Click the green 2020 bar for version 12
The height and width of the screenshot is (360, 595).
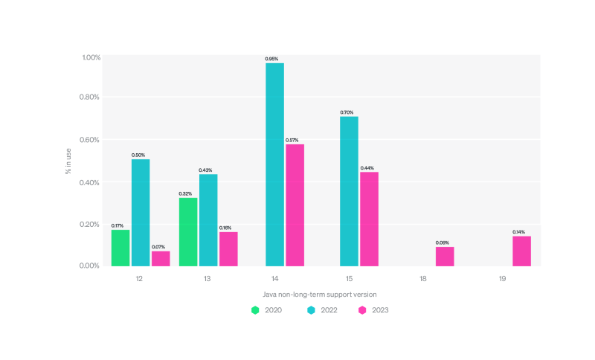120,248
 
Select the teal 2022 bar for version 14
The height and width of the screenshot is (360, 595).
274,164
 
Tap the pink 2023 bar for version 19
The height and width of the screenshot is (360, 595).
521,251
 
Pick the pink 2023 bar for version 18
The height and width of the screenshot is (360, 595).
445,256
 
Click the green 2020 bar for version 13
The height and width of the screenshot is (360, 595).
188,231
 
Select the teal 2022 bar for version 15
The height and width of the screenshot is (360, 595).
349,191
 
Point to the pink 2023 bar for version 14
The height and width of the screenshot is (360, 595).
295,205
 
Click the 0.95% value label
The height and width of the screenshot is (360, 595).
272,58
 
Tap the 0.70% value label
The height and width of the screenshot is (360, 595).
348,112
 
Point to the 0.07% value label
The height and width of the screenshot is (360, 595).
158,246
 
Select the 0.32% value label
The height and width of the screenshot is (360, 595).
186,193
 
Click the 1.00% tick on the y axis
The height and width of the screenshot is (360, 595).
90,58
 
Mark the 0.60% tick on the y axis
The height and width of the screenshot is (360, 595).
90,140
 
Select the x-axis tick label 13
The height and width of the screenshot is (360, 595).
206,278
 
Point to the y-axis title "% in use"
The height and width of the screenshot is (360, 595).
68,161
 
